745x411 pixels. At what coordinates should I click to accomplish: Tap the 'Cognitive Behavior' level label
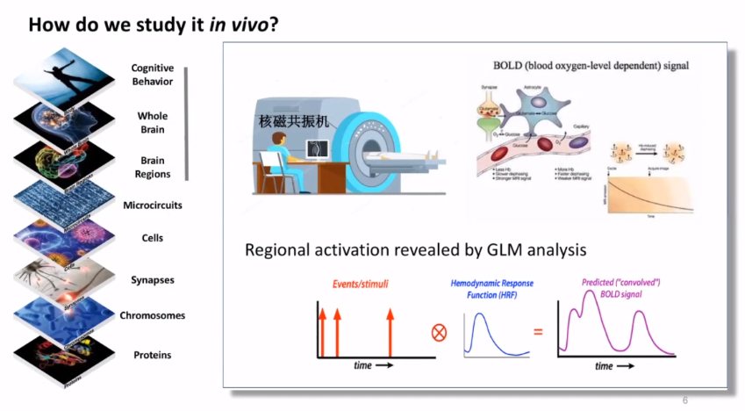point(153,75)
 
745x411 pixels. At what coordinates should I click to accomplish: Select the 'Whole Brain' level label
point(153,122)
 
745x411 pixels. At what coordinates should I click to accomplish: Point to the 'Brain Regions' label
point(153,167)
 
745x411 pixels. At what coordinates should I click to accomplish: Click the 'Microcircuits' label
point(153,205)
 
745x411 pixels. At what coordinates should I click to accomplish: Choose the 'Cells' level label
point(153,238)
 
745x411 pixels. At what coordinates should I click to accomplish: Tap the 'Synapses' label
point(153,280)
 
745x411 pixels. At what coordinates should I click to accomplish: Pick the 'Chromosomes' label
point(153,315)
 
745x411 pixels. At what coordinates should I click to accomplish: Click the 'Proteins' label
point(153,355)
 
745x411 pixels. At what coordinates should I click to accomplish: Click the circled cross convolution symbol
point(440,333)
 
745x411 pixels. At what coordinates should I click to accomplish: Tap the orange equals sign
point(538,333)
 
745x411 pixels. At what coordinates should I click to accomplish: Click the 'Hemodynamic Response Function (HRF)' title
point(491,290)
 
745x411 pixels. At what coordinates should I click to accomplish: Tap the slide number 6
point(685,400)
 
